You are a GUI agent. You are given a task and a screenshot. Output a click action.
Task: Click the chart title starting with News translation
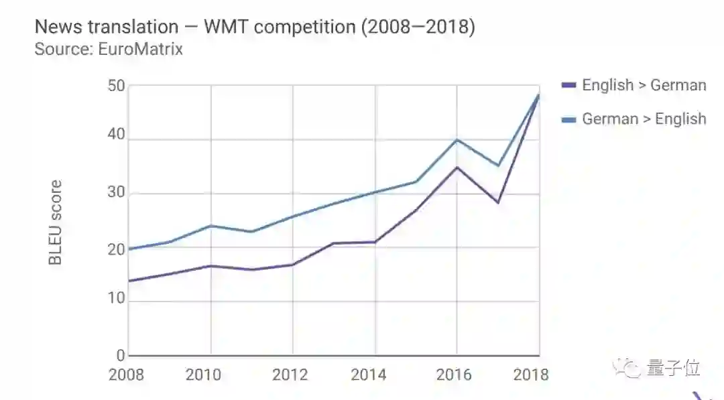[254, 27]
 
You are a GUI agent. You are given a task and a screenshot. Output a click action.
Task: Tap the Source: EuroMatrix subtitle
[109, 49]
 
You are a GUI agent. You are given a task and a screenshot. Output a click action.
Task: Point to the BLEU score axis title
[56, 222]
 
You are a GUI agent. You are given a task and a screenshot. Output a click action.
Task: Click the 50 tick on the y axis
[116, 86]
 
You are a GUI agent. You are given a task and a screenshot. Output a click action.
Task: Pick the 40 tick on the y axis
[116, 135]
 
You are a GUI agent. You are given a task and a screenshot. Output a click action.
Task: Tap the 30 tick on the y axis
[116, 194]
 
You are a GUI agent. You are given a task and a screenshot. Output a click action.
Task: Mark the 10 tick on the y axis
[116, 299]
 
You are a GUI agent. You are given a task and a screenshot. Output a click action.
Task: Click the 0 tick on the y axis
[121, 355]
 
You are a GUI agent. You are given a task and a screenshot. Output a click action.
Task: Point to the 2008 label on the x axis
[126, 375]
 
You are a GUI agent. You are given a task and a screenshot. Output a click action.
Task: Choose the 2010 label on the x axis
[203, 375]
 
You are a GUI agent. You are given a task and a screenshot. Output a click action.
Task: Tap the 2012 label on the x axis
[290, 375]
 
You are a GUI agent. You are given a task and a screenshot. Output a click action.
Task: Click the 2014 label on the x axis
[368, 375]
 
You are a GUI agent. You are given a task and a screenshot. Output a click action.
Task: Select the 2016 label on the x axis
[454, 375]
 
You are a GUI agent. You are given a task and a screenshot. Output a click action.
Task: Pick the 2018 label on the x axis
[531, 375]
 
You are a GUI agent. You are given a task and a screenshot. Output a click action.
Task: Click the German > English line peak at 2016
[457, 139]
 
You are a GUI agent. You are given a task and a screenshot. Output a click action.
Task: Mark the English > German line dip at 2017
[498, 202]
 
